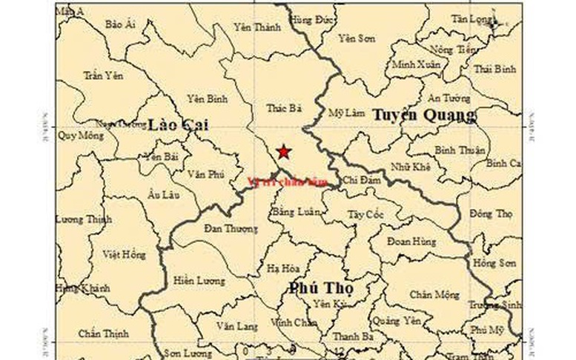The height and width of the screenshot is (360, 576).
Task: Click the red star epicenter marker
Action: click(283, 153)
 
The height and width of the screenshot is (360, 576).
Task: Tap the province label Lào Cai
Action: click(178, 125)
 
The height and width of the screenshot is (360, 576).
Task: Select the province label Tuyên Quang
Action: click(423, 115)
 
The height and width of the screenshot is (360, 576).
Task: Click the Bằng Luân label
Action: click(297, 212)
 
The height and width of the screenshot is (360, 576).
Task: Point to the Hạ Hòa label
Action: click(283, 269)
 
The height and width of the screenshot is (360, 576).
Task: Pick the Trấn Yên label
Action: click(102, 75)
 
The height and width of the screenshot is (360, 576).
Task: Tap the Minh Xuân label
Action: click(416, 64)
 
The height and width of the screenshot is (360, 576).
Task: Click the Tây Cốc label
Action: click(364, 214)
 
